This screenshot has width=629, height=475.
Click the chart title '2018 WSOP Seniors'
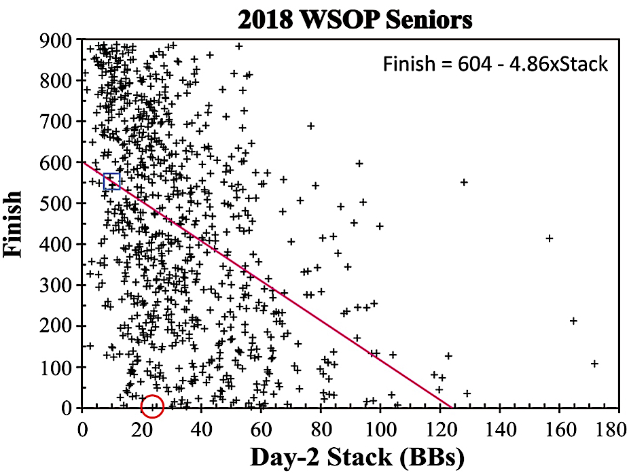click(x=355, y=19)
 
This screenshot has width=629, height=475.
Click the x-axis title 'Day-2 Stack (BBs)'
click(x=357, y=457)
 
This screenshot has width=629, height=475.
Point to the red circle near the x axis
click(x=153, y=406)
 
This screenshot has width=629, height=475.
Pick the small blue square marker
click(x=112, y=181)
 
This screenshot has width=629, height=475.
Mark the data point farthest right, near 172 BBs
click(x=594, y=364)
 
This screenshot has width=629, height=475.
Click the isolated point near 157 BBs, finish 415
click(x=550, y=238)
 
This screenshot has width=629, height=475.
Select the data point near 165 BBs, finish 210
click(x=573, y=321)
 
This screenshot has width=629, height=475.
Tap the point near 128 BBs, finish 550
click(x=464, y=182)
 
